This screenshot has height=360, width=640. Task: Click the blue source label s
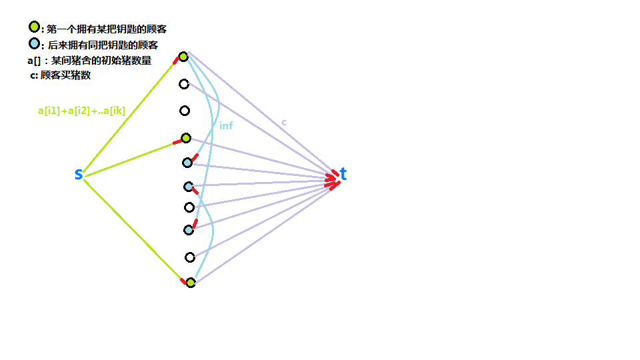(x=79, y=175)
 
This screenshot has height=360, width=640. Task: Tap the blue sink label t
(x=343, y=175)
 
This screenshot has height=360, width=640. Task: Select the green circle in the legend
(x=34, y=27)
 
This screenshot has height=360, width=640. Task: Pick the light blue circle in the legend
(x=34, y=44)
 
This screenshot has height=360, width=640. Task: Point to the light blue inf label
(x=226, y=125)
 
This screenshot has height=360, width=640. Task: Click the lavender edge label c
(x=284, y=122)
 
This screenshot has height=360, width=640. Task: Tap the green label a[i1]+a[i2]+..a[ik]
(x=81, y=111)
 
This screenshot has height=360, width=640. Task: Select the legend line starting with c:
(x=60, y=75)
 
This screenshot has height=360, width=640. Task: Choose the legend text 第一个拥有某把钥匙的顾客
(x=107, y=29)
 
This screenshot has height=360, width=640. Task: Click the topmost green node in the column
(x=183, y=57)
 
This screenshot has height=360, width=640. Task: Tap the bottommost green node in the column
(x=191, y=283)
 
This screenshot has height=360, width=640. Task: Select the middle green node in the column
(x=186, y=138)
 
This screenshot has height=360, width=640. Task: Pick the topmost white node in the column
(x=184, y=84)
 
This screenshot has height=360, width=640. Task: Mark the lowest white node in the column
(x=190, y=257)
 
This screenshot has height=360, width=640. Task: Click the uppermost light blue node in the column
(x=187, y=163)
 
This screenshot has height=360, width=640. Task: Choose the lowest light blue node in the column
(x=189, y=230)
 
